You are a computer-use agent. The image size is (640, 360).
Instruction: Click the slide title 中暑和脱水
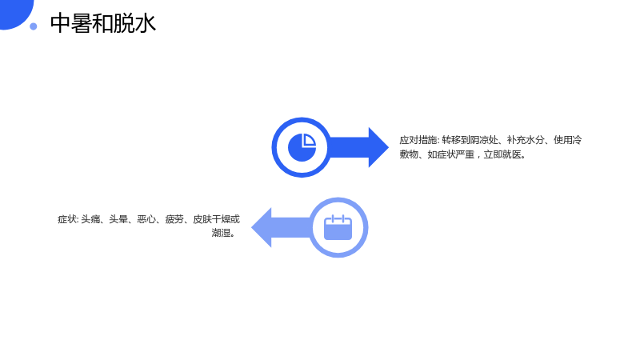coord(103,23)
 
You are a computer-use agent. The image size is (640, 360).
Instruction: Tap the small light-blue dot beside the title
coord(34,26)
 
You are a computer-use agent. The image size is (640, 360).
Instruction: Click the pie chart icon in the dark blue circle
coord(302,147)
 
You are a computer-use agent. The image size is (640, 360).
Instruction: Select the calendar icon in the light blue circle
coord(338,227)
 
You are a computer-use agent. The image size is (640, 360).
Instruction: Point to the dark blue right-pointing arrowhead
coord(378,147)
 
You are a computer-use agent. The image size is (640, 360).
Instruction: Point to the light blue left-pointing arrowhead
coord(262,227)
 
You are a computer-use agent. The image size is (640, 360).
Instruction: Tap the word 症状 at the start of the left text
coord(67,219)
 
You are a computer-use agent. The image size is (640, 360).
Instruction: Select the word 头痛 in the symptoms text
coord(90,219)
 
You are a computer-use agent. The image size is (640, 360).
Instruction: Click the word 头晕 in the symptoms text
coord(118,219)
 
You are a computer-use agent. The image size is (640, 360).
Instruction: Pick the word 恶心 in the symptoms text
coord(146,219)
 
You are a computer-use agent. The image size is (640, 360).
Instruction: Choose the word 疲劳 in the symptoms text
coord(174,219)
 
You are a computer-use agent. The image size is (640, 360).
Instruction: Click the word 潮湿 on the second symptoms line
coord(221,233)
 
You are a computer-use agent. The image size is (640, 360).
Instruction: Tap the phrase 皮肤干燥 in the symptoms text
coord(212,219)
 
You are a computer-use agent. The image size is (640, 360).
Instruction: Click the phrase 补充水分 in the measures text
coord(526,140)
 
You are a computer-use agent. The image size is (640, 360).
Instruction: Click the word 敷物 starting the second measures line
coord(409,154)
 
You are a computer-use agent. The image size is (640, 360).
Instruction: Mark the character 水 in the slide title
coord(146,23)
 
